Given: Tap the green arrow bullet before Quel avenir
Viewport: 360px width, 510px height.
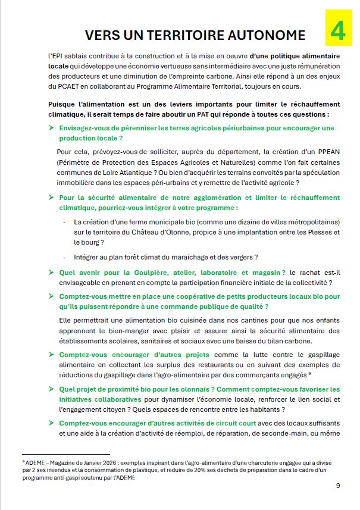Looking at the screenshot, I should coord(51,272).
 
